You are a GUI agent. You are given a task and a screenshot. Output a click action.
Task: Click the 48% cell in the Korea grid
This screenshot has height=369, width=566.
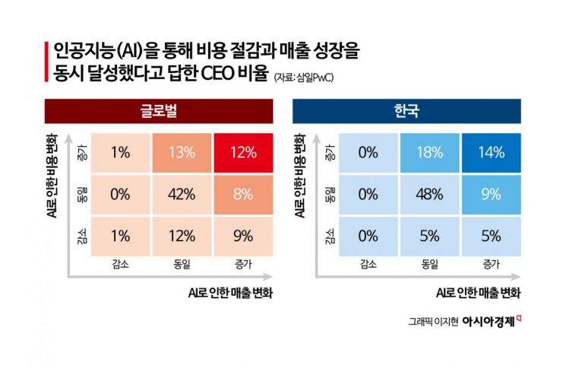pyautogui.click(x=430, y=194)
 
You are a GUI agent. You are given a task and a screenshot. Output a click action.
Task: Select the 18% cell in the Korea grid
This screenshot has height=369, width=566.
pyautogui.click(x=430, y=152)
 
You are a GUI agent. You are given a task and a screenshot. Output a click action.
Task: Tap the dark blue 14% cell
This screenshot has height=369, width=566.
pyautogui.click(x=492, y=152)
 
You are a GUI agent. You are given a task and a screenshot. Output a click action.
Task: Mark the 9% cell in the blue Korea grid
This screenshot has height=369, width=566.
pyautogui.click(x=492, y=194)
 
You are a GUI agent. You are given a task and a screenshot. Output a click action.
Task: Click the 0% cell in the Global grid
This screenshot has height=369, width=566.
pyautogui.click(x=120, y=194)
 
